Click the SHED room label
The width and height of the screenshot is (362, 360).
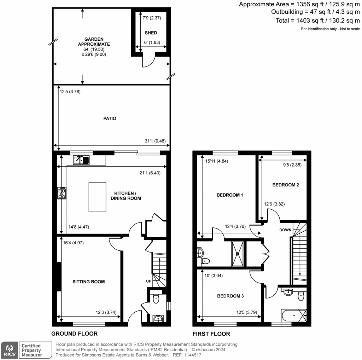click(151, 33)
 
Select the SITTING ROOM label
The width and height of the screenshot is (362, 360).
click(89, 282)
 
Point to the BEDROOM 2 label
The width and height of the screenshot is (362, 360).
click(286, 185)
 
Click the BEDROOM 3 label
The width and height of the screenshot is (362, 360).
click(230, 296)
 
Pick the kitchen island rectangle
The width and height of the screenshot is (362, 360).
click(97, 196)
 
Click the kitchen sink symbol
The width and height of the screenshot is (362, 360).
click(82, 161)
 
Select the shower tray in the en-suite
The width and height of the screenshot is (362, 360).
click(238, 253)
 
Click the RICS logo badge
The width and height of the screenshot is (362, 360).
click(8, 350)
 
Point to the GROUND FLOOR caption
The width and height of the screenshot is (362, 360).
click(74, 333)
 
